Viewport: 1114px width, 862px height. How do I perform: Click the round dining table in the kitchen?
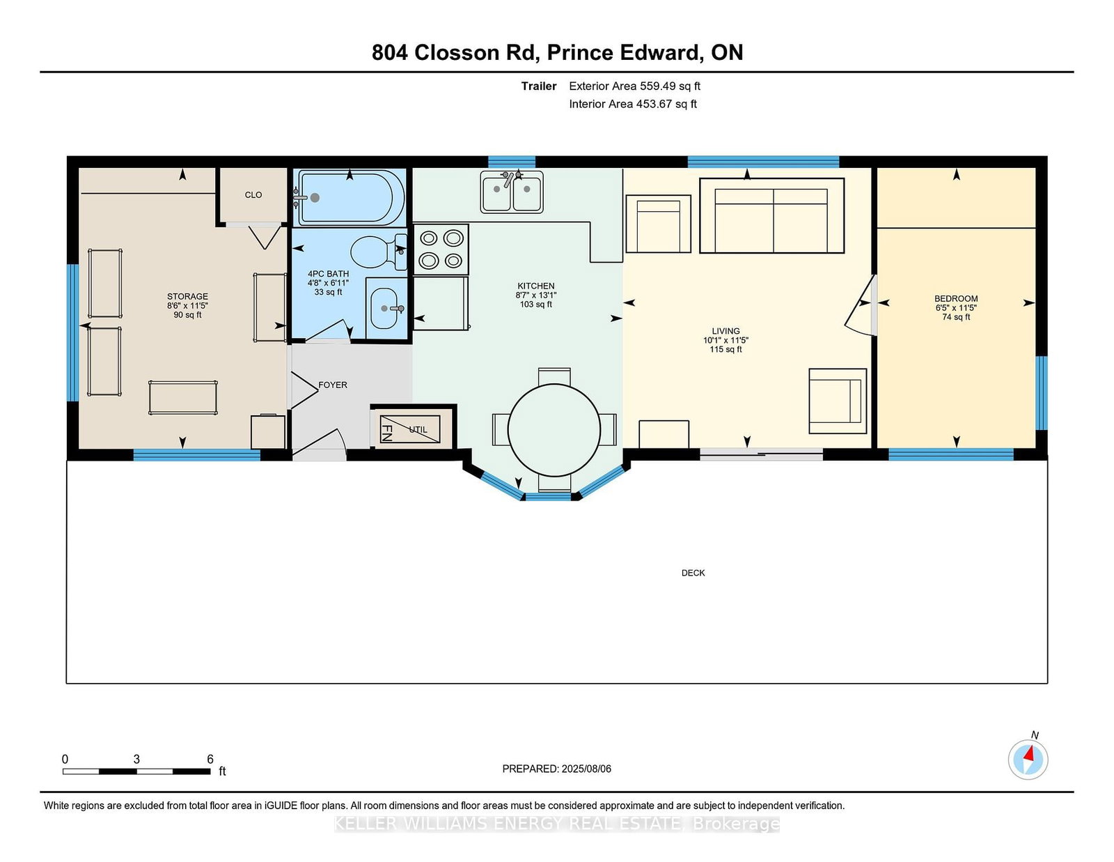pos(554,430)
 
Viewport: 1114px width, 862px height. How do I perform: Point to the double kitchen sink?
pos(512,192)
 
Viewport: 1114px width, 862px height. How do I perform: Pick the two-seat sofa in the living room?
pos(771,215)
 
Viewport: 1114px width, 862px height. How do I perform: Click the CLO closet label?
pos(253,195)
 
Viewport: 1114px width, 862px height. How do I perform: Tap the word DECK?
pos(693,573)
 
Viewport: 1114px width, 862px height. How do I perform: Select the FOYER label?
pos(333,385)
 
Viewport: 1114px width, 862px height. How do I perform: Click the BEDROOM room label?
pos(955,299)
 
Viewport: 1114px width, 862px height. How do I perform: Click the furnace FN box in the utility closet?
pos(409,429)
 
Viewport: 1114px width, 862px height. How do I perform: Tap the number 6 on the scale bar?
pos(210,759)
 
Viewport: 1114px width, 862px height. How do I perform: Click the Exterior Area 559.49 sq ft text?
pos(634,86)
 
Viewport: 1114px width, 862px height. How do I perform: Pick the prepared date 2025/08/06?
pos(586,769)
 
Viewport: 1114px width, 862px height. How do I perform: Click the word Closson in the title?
pos(456,53)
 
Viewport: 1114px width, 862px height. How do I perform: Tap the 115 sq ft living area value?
pos(725,349)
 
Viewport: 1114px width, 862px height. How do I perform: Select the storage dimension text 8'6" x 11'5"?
pos(187,306)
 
